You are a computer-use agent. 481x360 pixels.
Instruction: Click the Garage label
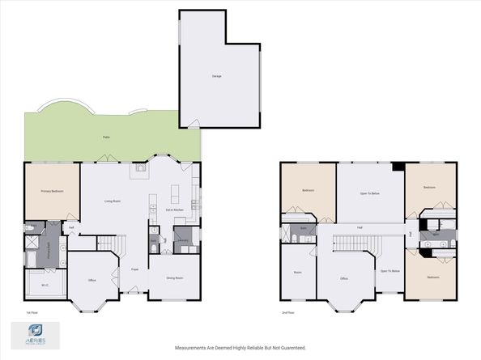[x=217, y=76]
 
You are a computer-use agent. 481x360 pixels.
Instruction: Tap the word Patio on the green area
[x=106, y=138]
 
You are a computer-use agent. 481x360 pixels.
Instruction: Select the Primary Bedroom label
[x=52, y=191]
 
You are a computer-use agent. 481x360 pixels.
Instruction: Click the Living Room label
[x=113, y=201]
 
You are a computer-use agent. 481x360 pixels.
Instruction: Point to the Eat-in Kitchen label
[x=176, y=210]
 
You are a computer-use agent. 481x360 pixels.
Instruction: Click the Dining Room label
[x=174, y=277]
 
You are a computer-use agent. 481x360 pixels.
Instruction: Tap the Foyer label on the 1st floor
[x=135, y=269]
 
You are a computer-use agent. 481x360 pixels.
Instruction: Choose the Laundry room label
[x=183, y=240]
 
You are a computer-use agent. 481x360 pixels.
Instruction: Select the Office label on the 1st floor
[x=93, y=280]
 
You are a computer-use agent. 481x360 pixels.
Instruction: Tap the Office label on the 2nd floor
[x=344, y=279]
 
